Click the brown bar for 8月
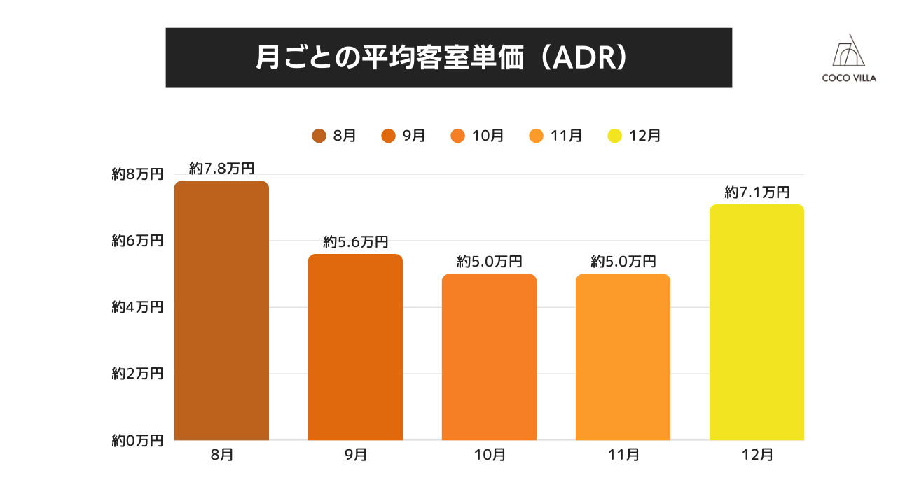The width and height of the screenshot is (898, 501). [x=221, y=311]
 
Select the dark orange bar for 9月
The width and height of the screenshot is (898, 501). [x=355, y=347]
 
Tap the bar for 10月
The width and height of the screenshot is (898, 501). [x=489, y=357]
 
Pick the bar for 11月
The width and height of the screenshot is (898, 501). [x=623, y=357]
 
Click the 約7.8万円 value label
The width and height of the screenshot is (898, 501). [x=221, y=169]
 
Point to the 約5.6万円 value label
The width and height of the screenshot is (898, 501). [x=355, y=242]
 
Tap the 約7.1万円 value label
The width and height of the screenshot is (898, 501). [x=757, y=192]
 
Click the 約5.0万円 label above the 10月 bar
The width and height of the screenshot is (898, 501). [x=489, y=262]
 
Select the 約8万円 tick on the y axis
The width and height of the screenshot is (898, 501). [x=137, y=175]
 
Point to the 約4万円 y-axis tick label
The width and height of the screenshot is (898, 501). [x=137, y=307]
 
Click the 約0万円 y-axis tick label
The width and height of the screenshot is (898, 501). [x=137, y=441]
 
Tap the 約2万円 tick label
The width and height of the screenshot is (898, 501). [x=137, y=374]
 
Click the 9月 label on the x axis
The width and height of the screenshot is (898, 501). [x=355, y=455]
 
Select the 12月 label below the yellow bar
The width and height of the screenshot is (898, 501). [x=757, y=455]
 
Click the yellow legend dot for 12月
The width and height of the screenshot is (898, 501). [x=614, y=136]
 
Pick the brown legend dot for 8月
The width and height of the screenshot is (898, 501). [x=319, y=136]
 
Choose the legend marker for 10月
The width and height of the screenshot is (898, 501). [x=458, y=136]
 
